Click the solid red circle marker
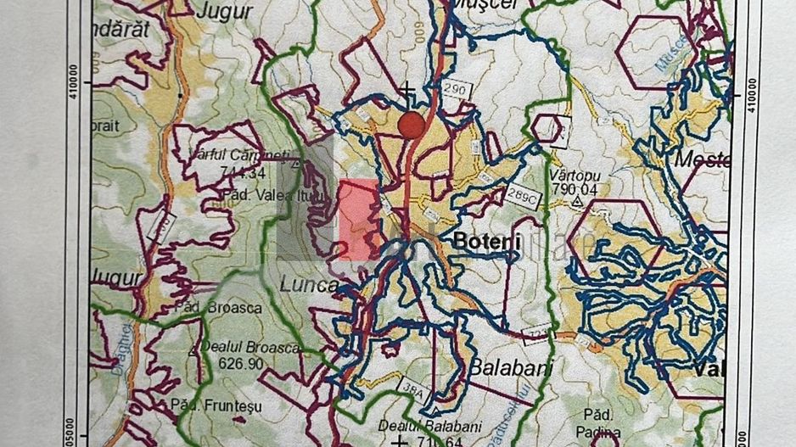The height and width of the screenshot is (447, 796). click(x=412, y=125)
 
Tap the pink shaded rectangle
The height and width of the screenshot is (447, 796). click(x=360, y=220)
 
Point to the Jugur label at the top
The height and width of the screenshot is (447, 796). click(x=225, y=12)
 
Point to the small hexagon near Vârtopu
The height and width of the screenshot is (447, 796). click(x=547, y=129)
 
